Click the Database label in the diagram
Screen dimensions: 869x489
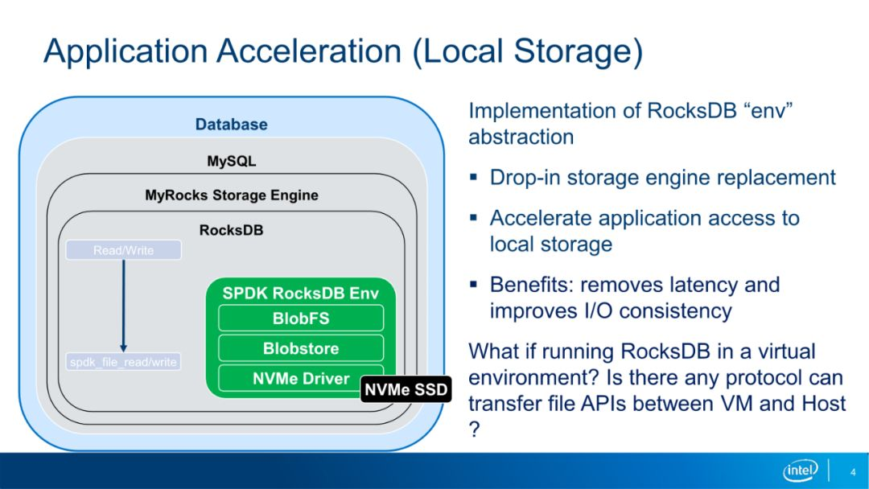(x=231, y=124)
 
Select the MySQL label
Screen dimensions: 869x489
(x=231, y=161)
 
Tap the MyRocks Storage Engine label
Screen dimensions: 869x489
(x=232, y=195)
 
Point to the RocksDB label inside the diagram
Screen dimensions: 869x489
(x=231, y=230)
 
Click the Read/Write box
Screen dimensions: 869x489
(x=124, y=250)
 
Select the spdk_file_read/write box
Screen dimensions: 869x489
(x=124, y=362)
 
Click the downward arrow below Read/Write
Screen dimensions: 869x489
(x=124, y=306)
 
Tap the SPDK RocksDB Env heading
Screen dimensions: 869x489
(x=300, y=293)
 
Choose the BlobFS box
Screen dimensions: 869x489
(x=301, y=318)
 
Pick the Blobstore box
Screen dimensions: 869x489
(x=301, y=348)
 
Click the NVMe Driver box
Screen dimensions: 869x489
(x=301, y=378)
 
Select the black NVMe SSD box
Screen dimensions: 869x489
(x=406, y=389)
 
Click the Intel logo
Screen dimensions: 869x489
(x=801, y=471)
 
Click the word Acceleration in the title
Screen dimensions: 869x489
(x=309, y=51)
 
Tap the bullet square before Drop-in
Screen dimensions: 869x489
(x=473, y=178)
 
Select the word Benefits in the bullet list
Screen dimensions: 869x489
(x=532, y=285)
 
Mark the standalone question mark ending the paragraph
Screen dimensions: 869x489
(x=475, y=429)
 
